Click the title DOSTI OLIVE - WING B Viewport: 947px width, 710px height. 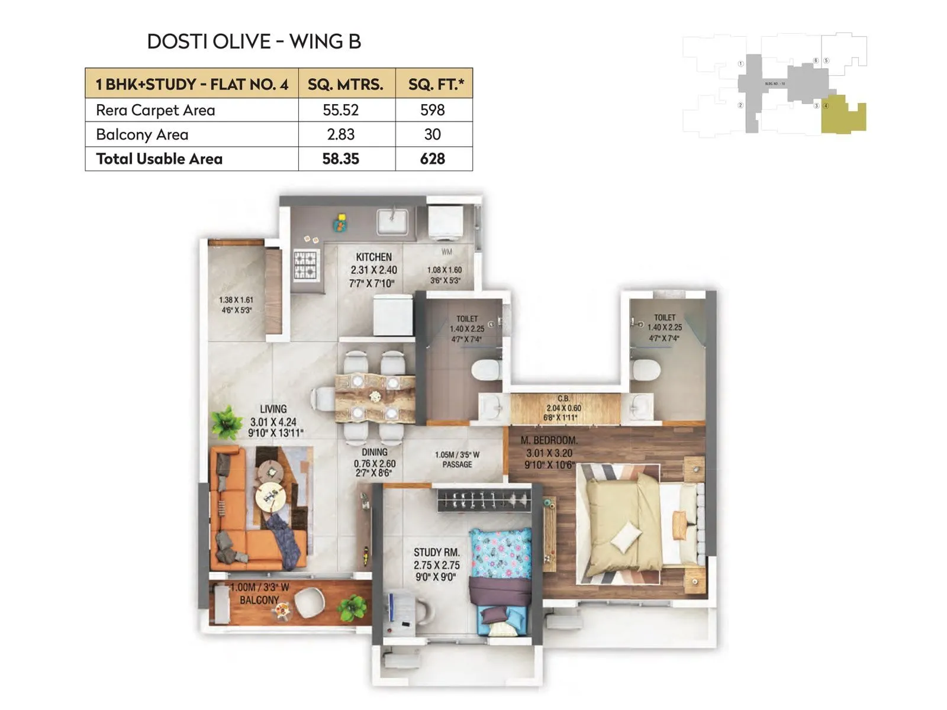click(x=253, y=41)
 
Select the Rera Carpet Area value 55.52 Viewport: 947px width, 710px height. click(x=341, y=110)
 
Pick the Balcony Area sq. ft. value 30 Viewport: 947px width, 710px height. click(x=432, y=134)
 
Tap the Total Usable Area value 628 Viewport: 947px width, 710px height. click(x=432, y=159)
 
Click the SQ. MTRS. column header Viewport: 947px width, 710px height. click(x=345, y=84)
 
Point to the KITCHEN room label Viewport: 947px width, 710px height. click(x=373, y=257)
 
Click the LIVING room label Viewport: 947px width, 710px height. click(x=273, y=409)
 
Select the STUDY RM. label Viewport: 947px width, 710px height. click(x=436, y=552)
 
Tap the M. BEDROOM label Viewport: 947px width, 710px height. click(x=549, y=440)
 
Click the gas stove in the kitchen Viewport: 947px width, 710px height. click(x=306, y=265)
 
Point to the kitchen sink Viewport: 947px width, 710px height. click(x=392, y=222)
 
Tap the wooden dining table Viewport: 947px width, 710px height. click(x=375, y=398)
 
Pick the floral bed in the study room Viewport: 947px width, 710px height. click(x=500, y=556)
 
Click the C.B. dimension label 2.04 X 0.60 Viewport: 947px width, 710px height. click(x=563, y=408)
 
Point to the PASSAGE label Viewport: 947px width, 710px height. click(x=457, y=464)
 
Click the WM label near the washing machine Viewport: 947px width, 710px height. click(x=446, y=252)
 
